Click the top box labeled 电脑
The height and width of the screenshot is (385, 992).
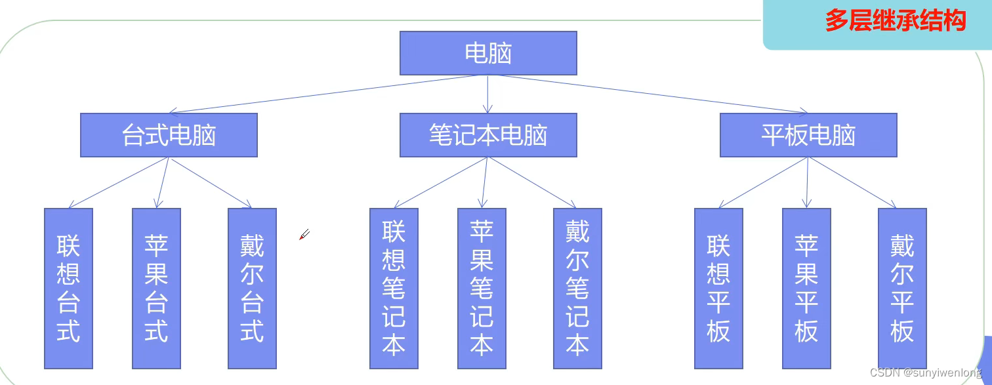click(x=488, y=53)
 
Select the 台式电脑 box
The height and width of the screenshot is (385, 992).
click(x=169, y=135)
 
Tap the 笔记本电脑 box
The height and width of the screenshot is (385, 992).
click(x=488, y=135)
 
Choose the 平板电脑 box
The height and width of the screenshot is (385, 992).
click(x=808, y=135)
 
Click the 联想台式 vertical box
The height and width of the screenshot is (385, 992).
click(x=68, y=289)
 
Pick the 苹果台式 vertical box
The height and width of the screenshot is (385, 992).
click(x=156, y=289)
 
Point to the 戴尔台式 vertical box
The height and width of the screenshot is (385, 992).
click(x=252, y=289)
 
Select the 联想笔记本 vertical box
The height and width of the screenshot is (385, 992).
click(x=394, y=289)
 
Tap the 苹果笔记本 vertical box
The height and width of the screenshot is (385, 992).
click(x=482, y=289)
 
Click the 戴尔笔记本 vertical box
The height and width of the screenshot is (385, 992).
click(x=577, y=289)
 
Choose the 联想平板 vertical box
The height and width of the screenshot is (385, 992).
click(x=718, y=289)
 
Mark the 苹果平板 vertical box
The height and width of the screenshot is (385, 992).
click(x=806, y=289)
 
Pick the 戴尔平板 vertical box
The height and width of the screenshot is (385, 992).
click(x=902, y=289)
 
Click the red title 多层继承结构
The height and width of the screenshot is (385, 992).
click(x=895, y=21)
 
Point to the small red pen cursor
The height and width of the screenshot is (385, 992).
click(x=304, y=234)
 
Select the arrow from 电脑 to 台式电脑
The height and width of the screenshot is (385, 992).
click(x=321, y=94)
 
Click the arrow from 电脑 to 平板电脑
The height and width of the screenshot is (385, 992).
click(x=650, y=94)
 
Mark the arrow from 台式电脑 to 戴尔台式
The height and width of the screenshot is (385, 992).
click(x=211, y=183)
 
